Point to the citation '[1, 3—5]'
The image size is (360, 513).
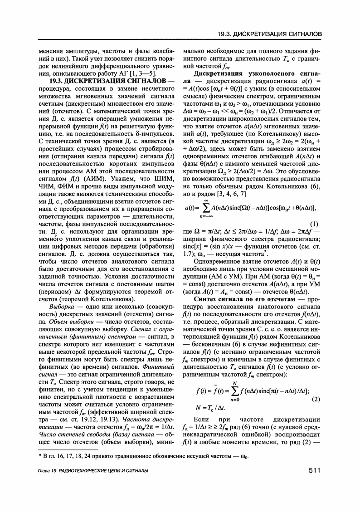click(142, 73)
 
